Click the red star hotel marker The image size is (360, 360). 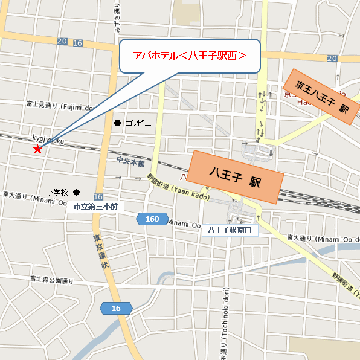(x=37, y=149)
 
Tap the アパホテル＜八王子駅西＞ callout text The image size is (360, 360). (x=190, y=56)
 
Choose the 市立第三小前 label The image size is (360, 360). (x=95, y=207)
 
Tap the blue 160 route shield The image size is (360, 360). (x=152, y=219)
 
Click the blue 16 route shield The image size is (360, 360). (x=116, y=309)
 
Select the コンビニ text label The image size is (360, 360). (x=138, y=123)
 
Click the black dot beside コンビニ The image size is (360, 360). (x=117, y=123)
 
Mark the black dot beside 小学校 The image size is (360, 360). (x=76, y=192)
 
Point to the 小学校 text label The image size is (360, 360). (x=59, y=192)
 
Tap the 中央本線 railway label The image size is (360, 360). (x=131, y=164)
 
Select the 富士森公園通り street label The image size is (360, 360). (x=51, y=280)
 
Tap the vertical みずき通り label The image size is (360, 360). (x=118, y=18)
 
